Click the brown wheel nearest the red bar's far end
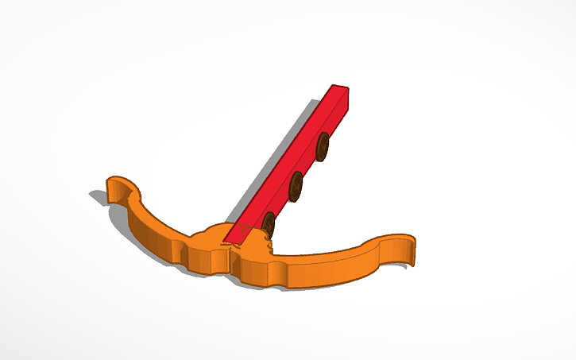click(x=323, y=146)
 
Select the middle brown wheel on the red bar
click(x=296, y=186)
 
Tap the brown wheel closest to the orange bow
click(x=269, y=224)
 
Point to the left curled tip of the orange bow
click(x=116, y=184)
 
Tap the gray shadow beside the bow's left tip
click(x=99, y=195)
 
